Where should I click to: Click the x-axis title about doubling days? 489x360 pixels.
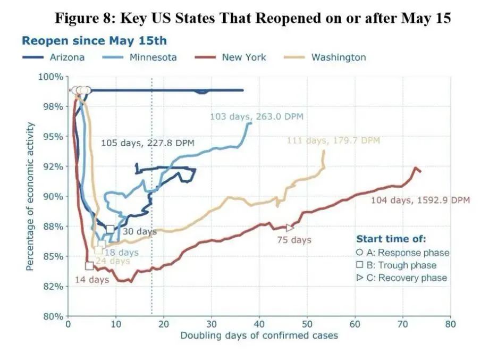tap(259, 336)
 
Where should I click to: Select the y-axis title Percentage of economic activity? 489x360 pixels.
tap(30, 196)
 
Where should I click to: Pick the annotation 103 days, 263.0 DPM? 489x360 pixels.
tap(257, 116)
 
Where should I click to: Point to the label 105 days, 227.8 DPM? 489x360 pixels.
tap(148, 143)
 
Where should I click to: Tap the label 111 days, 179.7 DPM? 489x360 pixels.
tap(333, 141)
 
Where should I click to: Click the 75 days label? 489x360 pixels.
tap(294, 240)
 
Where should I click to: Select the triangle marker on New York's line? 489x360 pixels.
tap(290, 228)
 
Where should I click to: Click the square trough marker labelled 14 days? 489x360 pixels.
tap(89, 265)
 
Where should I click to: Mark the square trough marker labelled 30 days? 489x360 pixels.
tap(110, 229)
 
